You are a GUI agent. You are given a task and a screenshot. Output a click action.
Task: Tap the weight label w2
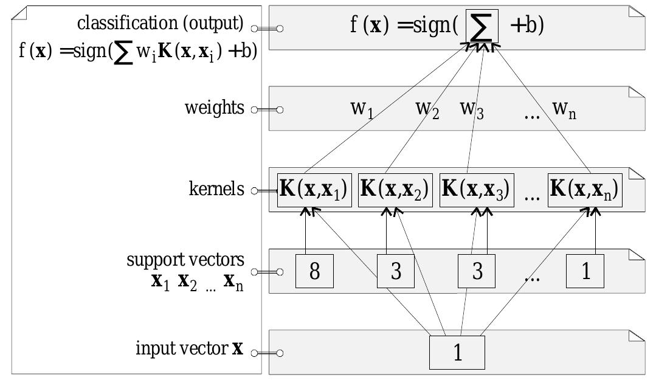pyautogui.click(x=427, y=109)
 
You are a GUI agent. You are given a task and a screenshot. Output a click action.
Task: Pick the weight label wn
pyautogui.click(x=564, y=109)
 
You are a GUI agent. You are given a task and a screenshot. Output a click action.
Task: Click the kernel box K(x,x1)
pyautogui.click(x=314, y=190)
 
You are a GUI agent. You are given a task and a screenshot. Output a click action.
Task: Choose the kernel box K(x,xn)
pyautogui.click(x=584, y=190)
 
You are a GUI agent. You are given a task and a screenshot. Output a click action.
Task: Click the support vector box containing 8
pyautogui.click(x=314, y=271)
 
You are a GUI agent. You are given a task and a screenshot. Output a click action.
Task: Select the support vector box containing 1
pyautogui.click(x=585, y=271)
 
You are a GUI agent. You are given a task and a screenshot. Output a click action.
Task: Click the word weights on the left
pyautogui.click(x=215, y=108)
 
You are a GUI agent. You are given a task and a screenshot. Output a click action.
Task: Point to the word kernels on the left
pyautogui.click(x=216, y=189)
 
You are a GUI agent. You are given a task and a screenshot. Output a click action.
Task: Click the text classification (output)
pyautogui.click(x=161, y=24)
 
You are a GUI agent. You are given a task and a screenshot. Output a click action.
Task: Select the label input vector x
pyautogui.click(x=189, y=350)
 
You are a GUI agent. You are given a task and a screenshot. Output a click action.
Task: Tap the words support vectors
pyautogui.click(x=185, y=260)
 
